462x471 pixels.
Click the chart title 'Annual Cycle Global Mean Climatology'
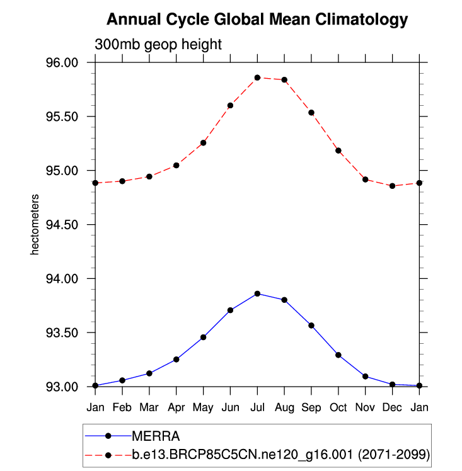click(257, 20)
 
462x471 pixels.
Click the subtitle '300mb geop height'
click(158, 45)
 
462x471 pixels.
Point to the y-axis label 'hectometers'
click(36, 225)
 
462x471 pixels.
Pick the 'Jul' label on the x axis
click(257, 407)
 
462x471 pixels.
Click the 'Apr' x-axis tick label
click(176, 407)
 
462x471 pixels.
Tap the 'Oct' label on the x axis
click(338, 407)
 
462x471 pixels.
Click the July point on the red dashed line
click(257, 77)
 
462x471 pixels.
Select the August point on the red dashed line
click(284, 80)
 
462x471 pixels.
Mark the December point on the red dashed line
click(392, 186)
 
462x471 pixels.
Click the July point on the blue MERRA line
click(257, 293)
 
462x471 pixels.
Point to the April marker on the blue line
click(176, 360)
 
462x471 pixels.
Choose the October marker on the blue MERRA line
click(338, 355)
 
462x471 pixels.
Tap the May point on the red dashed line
click(204, 143)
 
